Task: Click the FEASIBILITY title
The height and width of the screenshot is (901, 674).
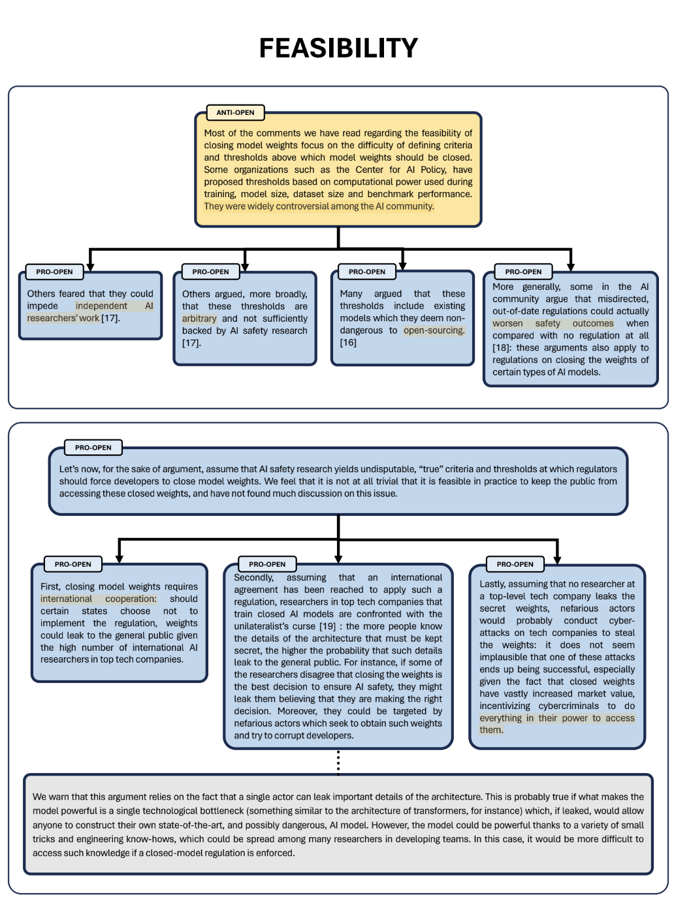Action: (x=338, y=48)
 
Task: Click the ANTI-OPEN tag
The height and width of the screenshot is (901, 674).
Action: (x=235, y=112)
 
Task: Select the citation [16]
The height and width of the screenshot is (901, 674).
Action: (x=348, y=343)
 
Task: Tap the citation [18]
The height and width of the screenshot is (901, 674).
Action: (x=501, y=348)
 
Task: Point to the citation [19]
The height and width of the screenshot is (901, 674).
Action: (x=327, y=626)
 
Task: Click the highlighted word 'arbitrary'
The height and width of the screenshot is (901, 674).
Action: (x=199, y=319)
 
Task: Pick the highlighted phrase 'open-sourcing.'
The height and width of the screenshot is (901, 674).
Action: (x=434, y=330)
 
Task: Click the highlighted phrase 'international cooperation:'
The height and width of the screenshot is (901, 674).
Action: (x=99, y=599)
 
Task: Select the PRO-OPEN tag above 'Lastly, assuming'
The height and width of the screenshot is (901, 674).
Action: (x=515, y=564)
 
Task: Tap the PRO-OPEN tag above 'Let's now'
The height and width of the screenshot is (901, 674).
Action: (x=93, y=448)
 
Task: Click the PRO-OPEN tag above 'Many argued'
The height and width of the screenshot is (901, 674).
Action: (x=366, y=272)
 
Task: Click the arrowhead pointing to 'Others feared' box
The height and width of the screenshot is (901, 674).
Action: (x=90, y=266)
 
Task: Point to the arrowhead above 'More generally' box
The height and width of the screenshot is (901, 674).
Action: (x=571, y=266)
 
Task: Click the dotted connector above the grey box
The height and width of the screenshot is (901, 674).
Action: (x=338, y=761)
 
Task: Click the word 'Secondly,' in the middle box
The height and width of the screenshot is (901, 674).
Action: (x=253, y=578)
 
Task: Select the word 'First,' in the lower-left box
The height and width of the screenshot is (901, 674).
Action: (x=50, y=587)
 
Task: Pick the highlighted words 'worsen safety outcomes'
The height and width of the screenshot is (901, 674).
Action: (x=553, y=323)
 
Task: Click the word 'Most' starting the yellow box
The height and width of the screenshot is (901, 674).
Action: (x=214, y=133)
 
